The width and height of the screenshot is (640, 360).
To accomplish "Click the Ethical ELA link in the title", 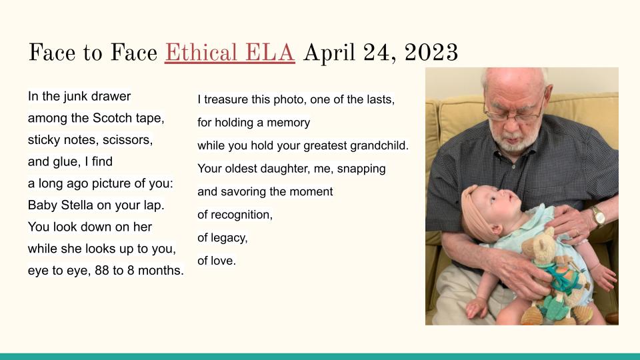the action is (x=230, y=53).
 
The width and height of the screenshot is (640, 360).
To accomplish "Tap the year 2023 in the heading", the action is (x=431, y=53).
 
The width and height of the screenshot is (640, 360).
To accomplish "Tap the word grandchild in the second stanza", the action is (x=379, y=145).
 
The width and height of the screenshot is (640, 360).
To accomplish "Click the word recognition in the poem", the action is (x=241, y=215).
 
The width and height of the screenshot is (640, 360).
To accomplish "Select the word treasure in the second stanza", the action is (x=226, y=99).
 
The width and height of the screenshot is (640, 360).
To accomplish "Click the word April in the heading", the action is (x=329, y=53).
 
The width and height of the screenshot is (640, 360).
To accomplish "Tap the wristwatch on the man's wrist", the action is (x=599, y=215).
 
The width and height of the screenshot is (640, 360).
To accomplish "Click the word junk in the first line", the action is (x=76, y=97).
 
